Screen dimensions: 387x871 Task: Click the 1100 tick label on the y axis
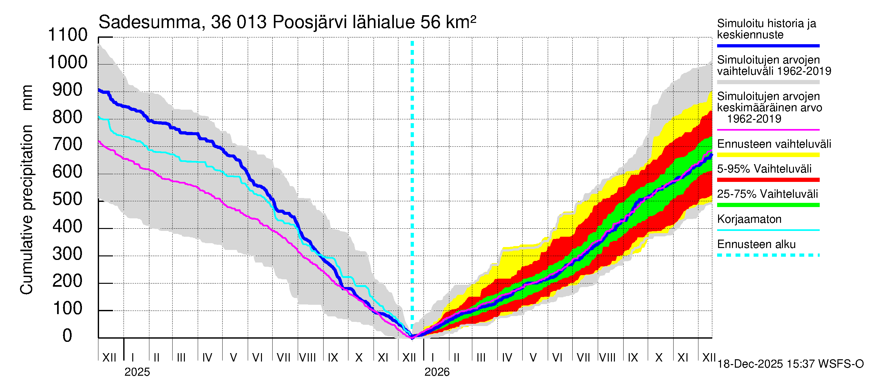click(68, 35)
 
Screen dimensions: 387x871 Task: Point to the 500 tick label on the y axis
click(68, 199)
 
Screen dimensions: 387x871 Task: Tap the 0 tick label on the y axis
click(67, 336)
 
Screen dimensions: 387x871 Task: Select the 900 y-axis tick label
click(68, 90)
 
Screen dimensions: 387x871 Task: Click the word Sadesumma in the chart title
click(150, 23)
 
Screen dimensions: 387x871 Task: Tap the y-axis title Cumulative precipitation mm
click(27, 189)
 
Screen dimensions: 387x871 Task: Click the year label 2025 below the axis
click(137, 372)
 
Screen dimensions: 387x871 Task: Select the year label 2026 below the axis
click(437, 372)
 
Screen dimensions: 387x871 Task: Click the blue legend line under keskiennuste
click(768, 45)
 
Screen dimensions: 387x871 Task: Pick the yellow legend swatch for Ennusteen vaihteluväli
click(768, 155)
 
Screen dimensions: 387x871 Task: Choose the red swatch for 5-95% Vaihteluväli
click(768, 180)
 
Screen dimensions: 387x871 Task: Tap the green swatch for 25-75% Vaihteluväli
click(768, 205)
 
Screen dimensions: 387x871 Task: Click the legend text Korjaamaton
click(749, 219)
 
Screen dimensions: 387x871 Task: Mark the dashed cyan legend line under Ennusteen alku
click(768, 255)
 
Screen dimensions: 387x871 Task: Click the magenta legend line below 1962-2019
click(768, 130)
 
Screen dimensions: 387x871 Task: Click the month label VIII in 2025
click(307, 357)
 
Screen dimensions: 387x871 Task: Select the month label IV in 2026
click(507, 357)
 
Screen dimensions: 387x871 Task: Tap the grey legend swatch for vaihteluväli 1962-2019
click(768, 82)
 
